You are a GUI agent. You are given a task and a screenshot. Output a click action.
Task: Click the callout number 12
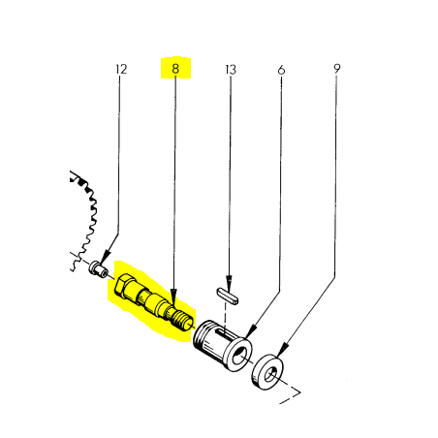pyautogui.click(x=121, y=69)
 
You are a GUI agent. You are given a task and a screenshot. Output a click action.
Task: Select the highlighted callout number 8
pyautogui.click(x=175, y=69)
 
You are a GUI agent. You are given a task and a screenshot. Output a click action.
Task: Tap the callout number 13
pyautogui.click(x=231, y=70)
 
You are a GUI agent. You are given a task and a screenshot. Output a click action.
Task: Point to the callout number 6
pyautogui.click(x=281, y=70)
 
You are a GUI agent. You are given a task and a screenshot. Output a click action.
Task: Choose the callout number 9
pyautogui.click(x=337, y=69)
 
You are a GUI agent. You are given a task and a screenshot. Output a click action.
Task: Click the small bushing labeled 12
pyautogui.click(x=99, y=269)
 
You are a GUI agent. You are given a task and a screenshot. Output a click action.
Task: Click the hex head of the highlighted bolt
pyautogui.click(x=122, y=286)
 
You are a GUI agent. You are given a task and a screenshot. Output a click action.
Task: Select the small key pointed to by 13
pyautogui.click(x=228, y=296)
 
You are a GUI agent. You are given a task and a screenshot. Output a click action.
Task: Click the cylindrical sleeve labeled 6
pyautogui.click(x=223, y=346)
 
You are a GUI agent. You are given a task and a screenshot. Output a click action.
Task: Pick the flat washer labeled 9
pyautogui.click(x=267, y=372)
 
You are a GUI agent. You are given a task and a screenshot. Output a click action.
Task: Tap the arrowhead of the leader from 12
pyautogui.click(x=105, y=259)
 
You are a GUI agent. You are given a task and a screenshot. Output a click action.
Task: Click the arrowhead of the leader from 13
pyautogui.click(x=229, y=284)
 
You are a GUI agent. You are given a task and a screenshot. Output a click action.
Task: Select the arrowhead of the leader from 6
pyautogui.click(x=250, y=331)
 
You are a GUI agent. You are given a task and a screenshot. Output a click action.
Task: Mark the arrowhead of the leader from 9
pyautogui.click(x=282, y=350)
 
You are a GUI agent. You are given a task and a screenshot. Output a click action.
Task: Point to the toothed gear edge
pyautogui.click(x=85, y=220)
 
